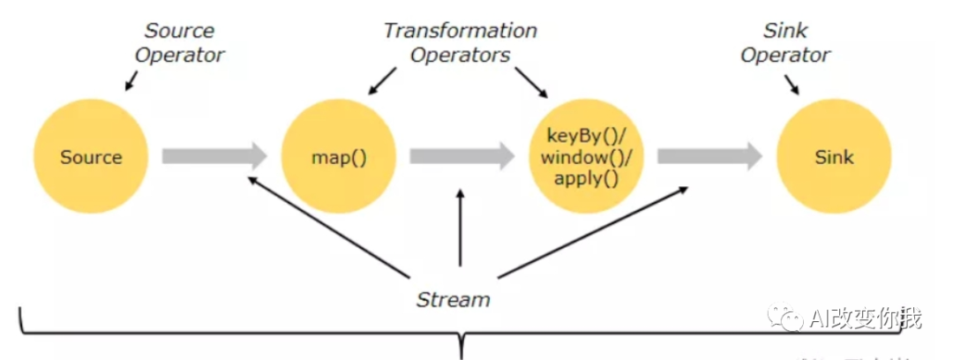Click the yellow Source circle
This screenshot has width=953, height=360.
coord(91,158)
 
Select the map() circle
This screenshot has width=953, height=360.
coord(338,158)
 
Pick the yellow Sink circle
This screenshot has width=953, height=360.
coord(834,158)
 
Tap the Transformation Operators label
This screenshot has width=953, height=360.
coord(460,42)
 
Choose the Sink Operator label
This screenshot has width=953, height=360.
coord(785,42)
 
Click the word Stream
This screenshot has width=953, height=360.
coord(453,299)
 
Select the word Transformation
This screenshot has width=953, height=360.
coord(460,31)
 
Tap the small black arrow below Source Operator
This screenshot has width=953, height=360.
coord(131,82)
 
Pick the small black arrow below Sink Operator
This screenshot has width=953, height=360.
coord(792,85)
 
